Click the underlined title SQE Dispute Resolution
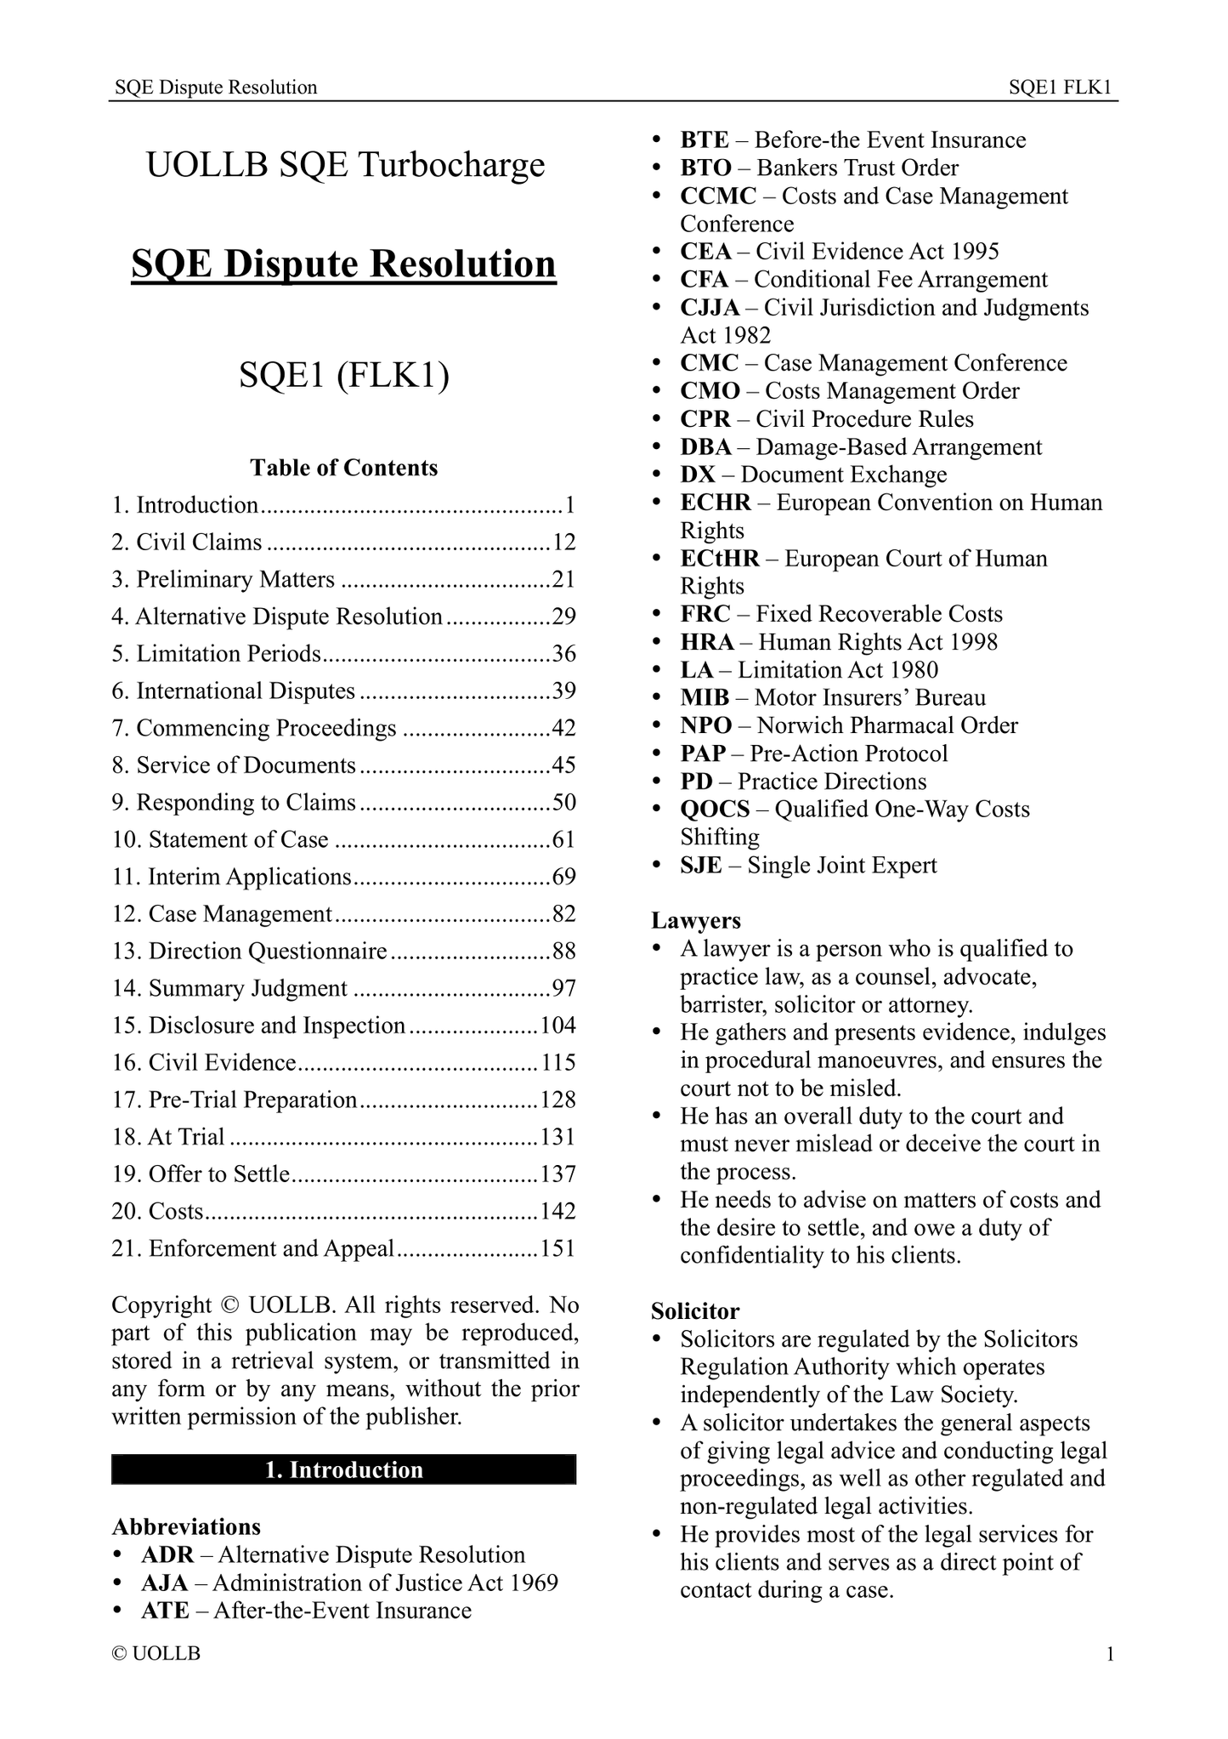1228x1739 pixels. click(343, 264)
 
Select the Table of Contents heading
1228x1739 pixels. click(343, 468)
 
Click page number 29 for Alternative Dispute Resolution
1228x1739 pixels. click(563, 617)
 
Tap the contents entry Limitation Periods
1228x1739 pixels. click(228, 654)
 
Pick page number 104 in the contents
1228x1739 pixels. click(557, 1026)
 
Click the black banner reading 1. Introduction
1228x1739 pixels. click(343, 1470)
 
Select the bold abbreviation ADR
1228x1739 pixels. click(167, 1555)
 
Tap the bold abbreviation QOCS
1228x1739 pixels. click(715, 809)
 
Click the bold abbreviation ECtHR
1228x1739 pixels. click(720, 559)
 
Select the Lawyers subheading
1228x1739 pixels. click(696, 920)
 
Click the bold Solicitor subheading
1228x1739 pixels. click(695, 1311)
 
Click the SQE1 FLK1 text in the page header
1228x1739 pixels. click(1061, 87)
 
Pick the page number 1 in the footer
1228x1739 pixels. click(1109, 1654)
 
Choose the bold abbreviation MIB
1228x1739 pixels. click(705, 698)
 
